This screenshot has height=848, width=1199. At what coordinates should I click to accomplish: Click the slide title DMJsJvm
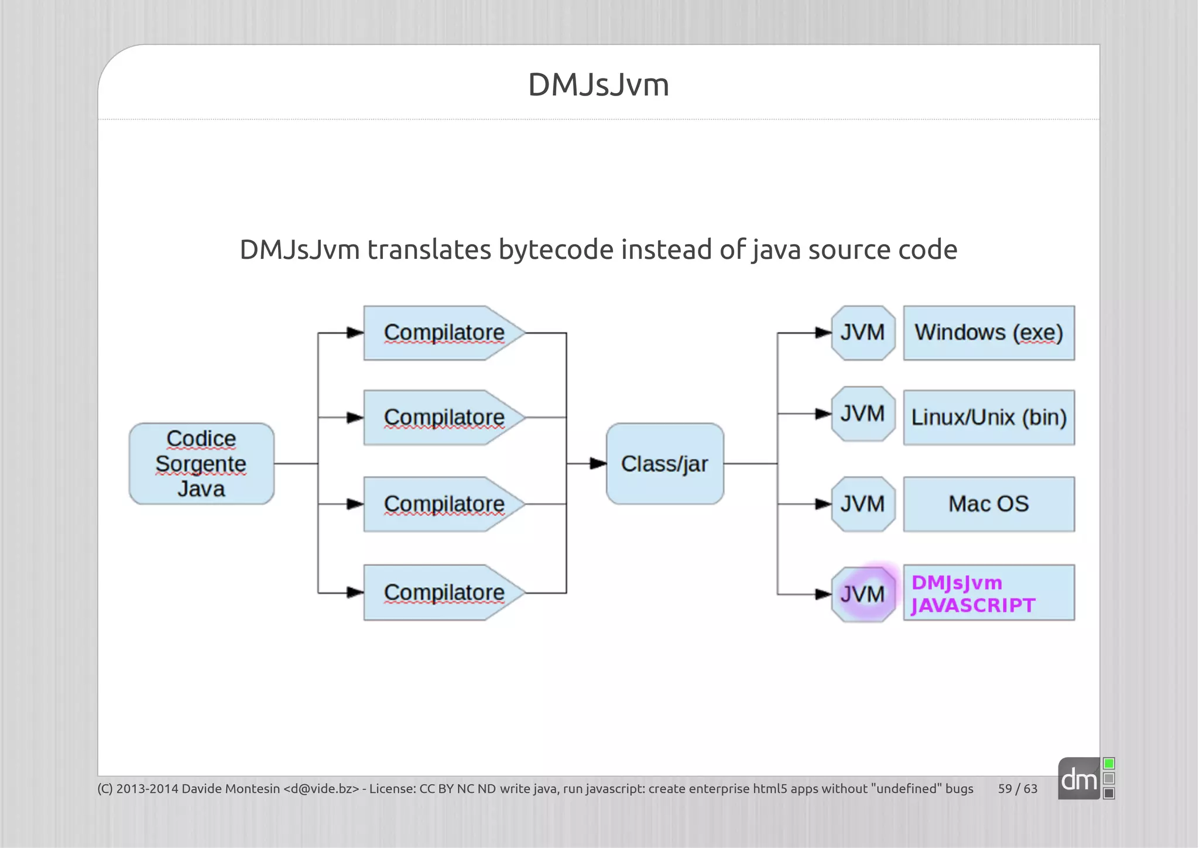[x=598, y=85]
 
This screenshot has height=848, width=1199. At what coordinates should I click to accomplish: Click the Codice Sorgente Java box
[x=201, y=464]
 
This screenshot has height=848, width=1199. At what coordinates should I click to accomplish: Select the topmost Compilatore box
[x=444, y=333]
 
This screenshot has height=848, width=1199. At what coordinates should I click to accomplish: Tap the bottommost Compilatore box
[x=444, y=593]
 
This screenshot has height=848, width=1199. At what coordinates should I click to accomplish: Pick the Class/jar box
[x=665, y=464]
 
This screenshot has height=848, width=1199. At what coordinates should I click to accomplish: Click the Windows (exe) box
[x=989, y=333]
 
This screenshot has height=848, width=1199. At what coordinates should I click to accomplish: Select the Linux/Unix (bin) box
[x=989, y=418]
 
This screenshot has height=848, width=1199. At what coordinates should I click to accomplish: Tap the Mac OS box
[x=989, y=504]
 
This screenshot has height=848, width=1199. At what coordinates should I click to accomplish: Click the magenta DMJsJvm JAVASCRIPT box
[x=989, y=593]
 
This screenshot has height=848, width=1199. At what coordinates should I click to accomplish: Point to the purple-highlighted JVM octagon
[x=863, y=594]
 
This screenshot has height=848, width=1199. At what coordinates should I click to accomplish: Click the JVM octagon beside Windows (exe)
[x=863, y=333]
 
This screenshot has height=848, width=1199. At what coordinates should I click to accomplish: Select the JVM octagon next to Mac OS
[x=863, y=504]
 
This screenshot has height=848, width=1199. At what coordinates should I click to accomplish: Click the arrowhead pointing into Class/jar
[x=598, y=464]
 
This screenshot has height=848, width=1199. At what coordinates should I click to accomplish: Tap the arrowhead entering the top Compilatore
[x=355, y=333]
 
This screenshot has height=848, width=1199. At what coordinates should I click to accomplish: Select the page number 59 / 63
[x=1018, y=789]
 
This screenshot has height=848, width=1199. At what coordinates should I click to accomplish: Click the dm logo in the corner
[x=1079, y=779]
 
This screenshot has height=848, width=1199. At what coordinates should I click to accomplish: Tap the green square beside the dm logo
[x=1109, y=764]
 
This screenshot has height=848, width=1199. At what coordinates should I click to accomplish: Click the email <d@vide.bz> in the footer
[x=321, y=789]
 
